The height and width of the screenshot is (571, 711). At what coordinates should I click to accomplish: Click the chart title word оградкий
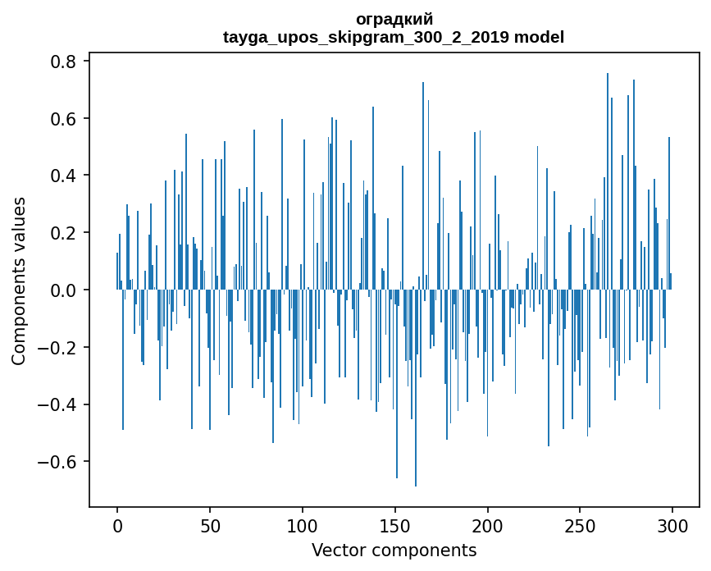coord(394,20)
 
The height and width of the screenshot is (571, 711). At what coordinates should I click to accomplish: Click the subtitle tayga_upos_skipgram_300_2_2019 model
coord(394,37)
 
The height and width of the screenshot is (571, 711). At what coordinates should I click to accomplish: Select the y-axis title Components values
coord(19,281)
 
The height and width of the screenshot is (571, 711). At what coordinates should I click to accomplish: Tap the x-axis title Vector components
coord(394,550)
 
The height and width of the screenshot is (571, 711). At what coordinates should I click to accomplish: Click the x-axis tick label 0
coord(117,525)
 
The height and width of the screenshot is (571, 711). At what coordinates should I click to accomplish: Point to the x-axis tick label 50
coord(210,525)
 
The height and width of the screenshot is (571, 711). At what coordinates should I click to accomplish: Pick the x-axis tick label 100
coord(303,525)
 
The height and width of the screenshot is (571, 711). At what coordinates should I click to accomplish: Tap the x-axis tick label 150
coord(395,525)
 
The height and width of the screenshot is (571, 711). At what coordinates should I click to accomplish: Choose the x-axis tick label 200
coord(488,525)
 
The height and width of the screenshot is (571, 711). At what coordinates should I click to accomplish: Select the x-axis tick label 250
coord(581,525)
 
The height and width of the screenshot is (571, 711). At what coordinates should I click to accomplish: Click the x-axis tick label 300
coord(673,525)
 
